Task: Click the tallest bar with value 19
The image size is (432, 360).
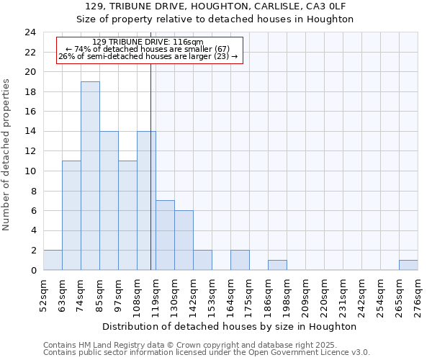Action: (90, 176)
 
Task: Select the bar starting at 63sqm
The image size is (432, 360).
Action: (71, 215)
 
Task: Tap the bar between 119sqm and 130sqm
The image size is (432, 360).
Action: (165, 235)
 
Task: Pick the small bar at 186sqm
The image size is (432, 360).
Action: (277, 265)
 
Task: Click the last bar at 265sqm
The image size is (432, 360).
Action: (408, 265)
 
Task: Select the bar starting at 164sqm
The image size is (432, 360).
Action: (240, 260)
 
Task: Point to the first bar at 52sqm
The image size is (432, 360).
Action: (53, 260)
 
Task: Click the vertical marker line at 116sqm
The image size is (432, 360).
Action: (150, 180)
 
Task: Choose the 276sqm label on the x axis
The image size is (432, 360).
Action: (418, 295)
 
